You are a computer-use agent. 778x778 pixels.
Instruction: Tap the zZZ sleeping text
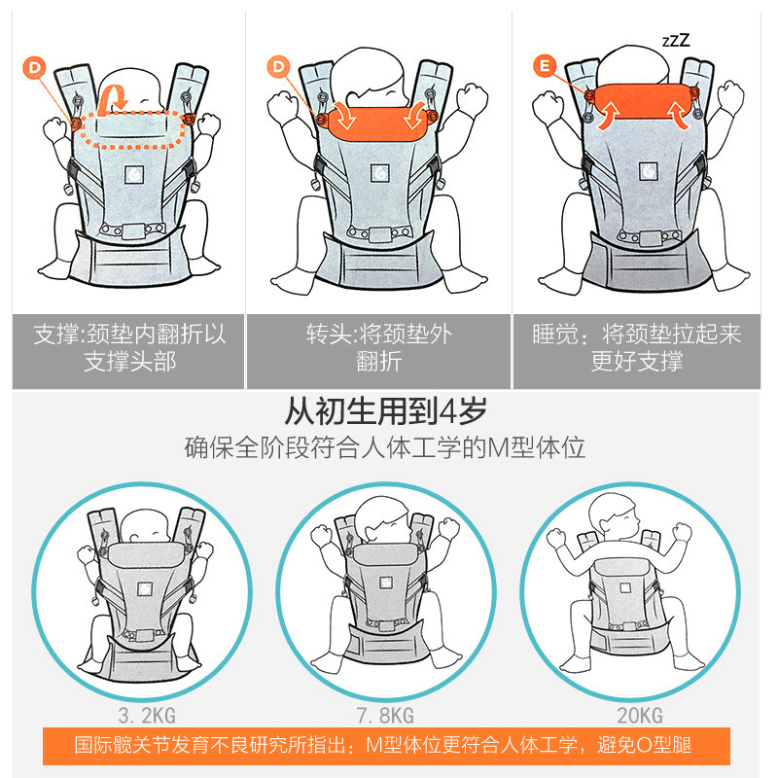[x=676, y=41]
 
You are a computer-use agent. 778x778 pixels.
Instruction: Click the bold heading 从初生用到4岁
[x=385, y=411]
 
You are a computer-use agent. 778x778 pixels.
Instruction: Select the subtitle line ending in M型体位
[x=385, y=448]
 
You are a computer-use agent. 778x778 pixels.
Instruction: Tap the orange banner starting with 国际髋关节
[x=385, y=746]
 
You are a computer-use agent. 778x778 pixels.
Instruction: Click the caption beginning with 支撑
[x=129, y=348]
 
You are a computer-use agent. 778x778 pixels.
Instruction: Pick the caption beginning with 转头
[x=378, y=348]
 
